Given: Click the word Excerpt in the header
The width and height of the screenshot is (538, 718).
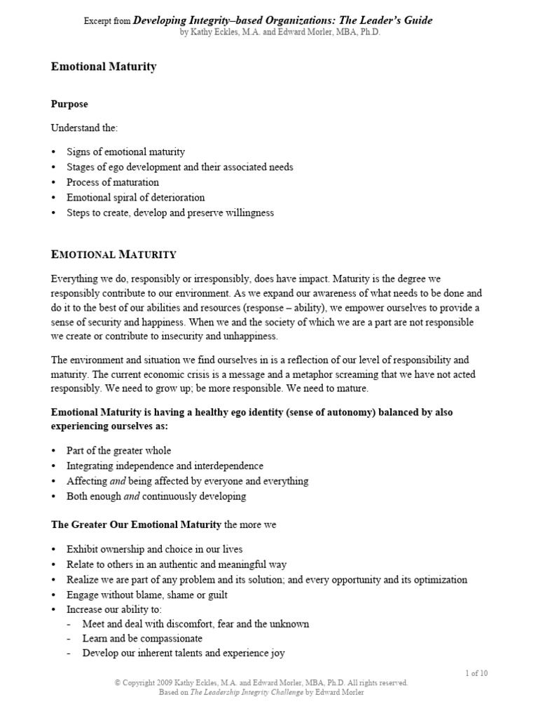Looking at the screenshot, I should pyautogui.click(x=97, y=21).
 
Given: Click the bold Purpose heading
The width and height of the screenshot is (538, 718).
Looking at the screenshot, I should pyautogui.click(x=69, y=104).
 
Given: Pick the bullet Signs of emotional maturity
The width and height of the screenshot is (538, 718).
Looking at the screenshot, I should pyautogui.click(x=125, y=151).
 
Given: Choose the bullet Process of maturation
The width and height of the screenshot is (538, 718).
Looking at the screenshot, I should pyautogui.click(x=113, y=182).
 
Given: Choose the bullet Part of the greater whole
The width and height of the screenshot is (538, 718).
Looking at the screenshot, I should pyautogui.click(x=118, y=450).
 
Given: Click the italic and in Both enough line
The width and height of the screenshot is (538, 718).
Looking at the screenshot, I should pyautogui.click(x=132, y=496).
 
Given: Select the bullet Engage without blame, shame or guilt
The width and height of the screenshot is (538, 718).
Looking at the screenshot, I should pyautogui.click(x=146, y=595).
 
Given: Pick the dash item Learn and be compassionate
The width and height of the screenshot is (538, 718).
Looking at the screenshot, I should pyautogui.click(x=142, y=639).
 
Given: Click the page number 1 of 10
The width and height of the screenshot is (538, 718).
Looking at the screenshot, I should pyautogui.click(x=476, y=673).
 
